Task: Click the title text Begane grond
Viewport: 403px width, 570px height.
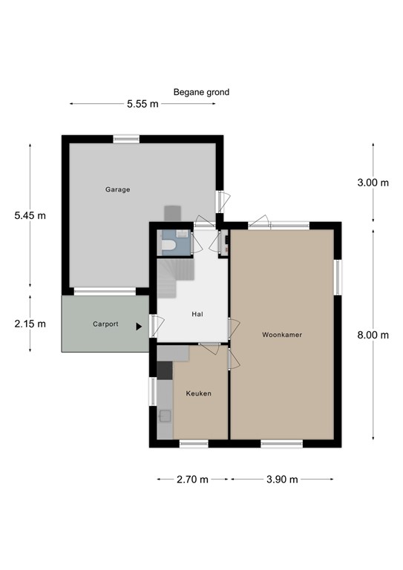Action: pyautogui.click(x=201, y=93)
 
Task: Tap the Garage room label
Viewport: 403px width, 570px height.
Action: pyautogui.click(x=117, y=189)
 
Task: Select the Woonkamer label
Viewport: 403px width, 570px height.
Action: pyautogui.click(x=282, y=335)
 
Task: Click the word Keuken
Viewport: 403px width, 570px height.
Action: pyautogui.click(x=199, y=393)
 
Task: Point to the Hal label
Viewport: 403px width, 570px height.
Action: pyautogui.click(x=197, y=314)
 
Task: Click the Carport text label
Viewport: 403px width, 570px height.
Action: pyautogui.click(x=105, y=324)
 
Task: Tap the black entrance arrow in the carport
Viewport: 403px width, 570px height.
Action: pyautogui.click(x=139, y=326)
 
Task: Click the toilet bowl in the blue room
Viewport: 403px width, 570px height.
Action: pyautogui.click(x=168, y=246)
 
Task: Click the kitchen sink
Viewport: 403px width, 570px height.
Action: pyautogui.click(x=165, y=417)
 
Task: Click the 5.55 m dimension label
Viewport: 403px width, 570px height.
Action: pyautogui.click(x=142, y=105)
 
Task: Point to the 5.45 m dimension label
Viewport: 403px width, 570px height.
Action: pyautogui.click(x=30, y=216)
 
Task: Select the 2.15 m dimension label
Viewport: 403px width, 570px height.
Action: pyautogui.click(x=30, y=324)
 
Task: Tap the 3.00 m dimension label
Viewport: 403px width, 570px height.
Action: pyautogui.click(x=373, y=183)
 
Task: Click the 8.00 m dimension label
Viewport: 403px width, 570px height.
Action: pyautogui.click(x=373, y=335)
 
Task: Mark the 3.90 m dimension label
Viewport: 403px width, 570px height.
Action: pyautogui.click(x=282, y=479)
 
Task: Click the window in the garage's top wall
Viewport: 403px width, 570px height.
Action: pyautogui.click(x=126, y=139)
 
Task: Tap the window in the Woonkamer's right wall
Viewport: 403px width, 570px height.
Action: pyautogui.click(x=338, y=276)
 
